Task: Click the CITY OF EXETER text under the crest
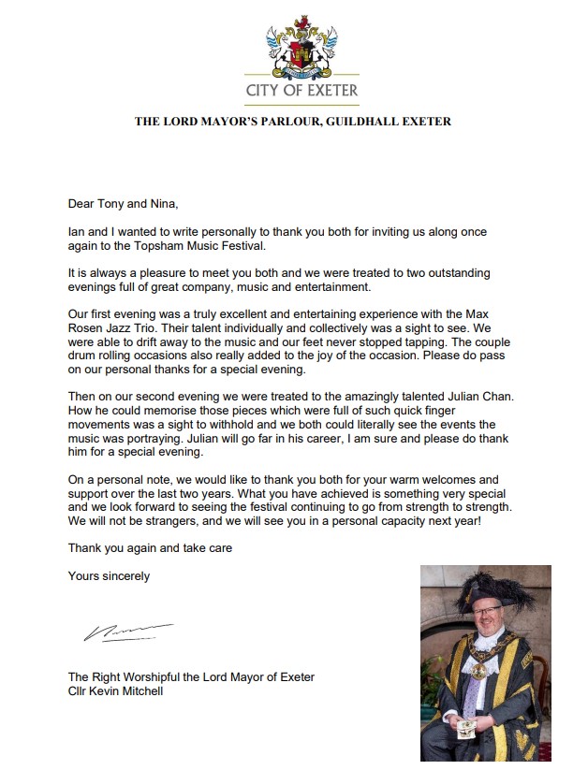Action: [301, 91]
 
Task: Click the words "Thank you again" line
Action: [150, 547]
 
